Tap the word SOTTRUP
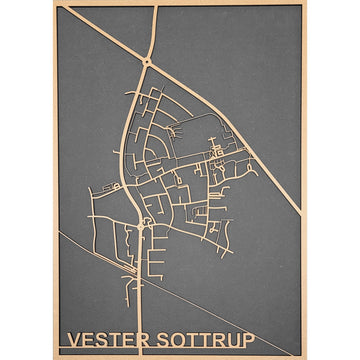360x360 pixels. pos(205,340)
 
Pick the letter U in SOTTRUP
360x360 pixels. pos(232,340)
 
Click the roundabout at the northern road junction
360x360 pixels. pos(148,63)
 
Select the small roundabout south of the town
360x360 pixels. pos(141,226)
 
